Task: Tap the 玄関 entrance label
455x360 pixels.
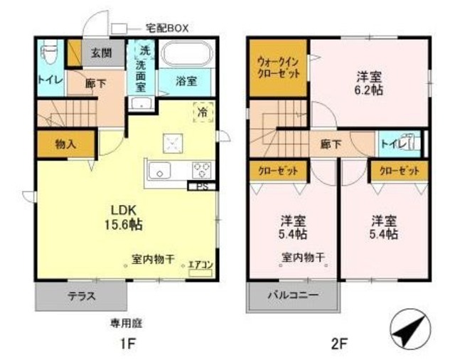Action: (97, 52)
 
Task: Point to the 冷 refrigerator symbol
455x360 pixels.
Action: (203, 112)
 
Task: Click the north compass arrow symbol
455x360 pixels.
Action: (407, 329)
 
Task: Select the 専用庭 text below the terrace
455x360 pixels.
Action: (126, 322)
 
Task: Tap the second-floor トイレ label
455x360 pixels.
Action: (393, 143)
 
